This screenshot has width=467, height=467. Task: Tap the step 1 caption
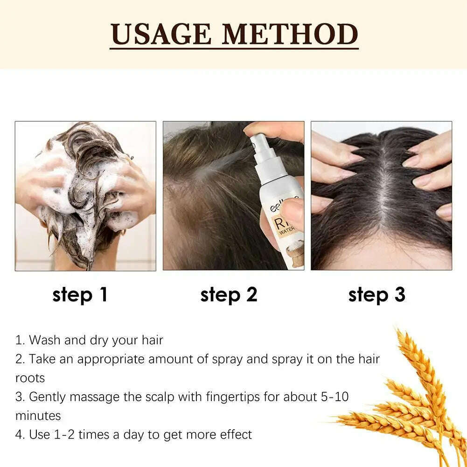tap(80, 295)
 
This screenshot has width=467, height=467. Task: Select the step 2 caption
tap(229, 295)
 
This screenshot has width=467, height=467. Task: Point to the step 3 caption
tap(376, 295)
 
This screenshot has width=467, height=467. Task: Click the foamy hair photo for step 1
tap(85, 196)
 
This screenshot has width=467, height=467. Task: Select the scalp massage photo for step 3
tap(381, 196)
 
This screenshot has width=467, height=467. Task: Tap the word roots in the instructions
tap(30, 377)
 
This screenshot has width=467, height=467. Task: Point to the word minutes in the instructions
tap(38, 415)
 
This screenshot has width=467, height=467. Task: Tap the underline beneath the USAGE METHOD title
tap(234, 48)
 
